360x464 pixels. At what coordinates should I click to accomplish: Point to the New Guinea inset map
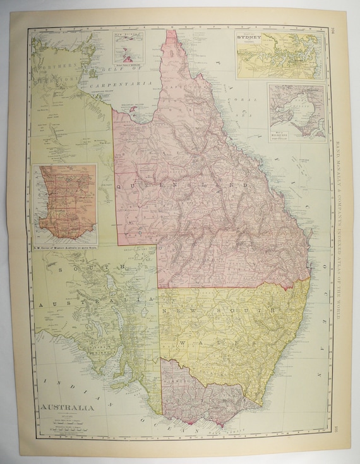coord(129,46)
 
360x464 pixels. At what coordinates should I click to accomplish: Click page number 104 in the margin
coord(333,30)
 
